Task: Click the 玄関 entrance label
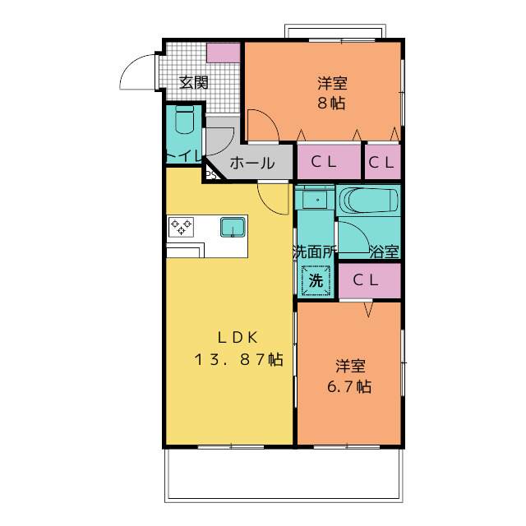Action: pyautogui.click(x=194, y=82)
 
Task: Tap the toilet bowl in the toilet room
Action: pyautogui.click(x=184, y=120)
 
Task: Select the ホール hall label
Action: pyautogui.click(x=252, y=164)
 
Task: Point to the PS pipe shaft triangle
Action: pyautogui.click(x=212, y=173)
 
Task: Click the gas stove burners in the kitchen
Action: pyautogui.click(x=181, y=227)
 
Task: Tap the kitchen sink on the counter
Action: pyautogui.click(x=233, y=227)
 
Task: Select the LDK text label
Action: pyautogui.click(x=238, y=338)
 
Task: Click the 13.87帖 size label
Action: pyautogui.click(x=239, y=359)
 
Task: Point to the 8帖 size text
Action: pyautogui.click(x=331, y=103)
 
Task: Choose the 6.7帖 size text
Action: pyautogui.click(x=349, y=386)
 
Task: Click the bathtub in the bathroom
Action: pyautogui.click(x=369, y=200)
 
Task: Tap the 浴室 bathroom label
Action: pyautogui.click(x=384, y=251)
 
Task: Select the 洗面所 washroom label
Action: pyautogui.click(x=314, y=251)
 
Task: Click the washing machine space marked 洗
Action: pyautogui.click(x=316, y=280)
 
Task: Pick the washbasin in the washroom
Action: pyautogui.click(x=315, y=200)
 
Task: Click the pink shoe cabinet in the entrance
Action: pyautogui.click(x=224, y=53)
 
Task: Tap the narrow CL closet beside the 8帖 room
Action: pyautogui.click(x=382, y=162)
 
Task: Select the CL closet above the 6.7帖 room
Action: pyautogui.click(x=370, y=280)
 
